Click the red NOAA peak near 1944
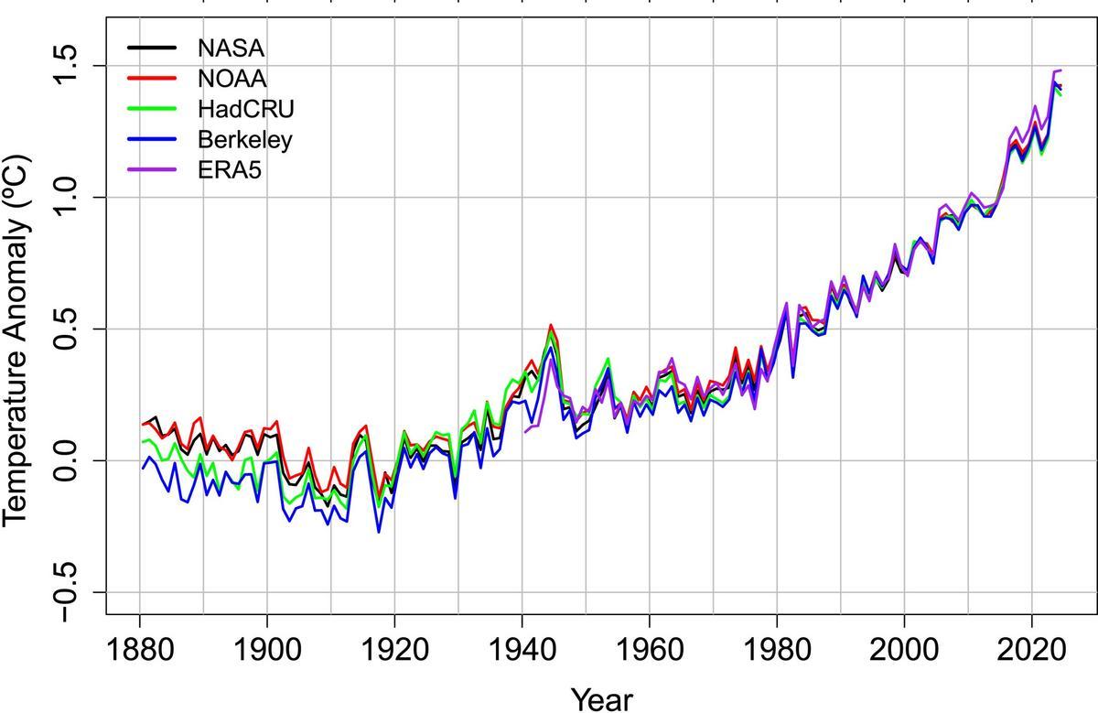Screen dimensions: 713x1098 (x=550, y=325)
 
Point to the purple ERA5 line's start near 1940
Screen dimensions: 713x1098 (x=525, y=431)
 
